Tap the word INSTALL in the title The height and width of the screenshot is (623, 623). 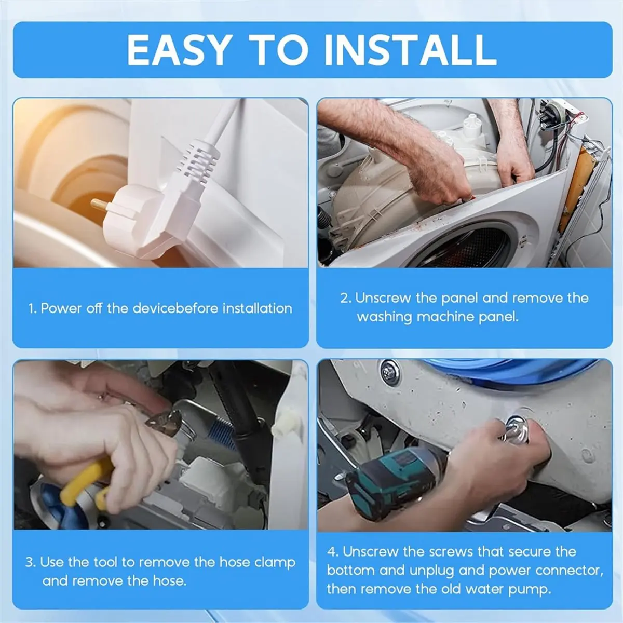[410, 50]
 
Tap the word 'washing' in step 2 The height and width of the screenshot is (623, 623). [384, 317]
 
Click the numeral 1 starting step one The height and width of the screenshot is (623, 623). [31, 309]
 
